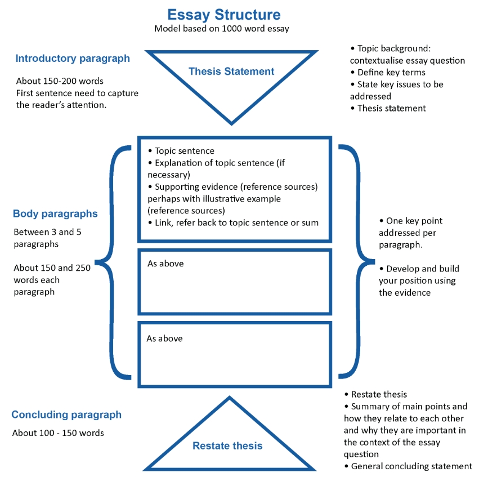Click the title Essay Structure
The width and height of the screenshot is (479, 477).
(224, 15)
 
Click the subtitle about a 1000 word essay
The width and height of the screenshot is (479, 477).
(221, 29)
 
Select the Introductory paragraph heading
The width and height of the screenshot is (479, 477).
(73, 59)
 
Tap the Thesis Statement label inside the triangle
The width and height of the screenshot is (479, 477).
(231, 71)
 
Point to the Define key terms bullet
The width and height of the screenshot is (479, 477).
(388, 73)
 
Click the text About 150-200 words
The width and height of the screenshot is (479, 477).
(60, 81)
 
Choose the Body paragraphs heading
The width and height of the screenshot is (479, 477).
(55, 213)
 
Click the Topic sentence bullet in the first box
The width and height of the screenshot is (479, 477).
(181, 151)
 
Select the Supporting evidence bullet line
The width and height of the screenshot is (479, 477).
(233, 187)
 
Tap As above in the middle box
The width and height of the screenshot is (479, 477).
(165, 264)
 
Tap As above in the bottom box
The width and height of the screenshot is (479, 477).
(165, 338)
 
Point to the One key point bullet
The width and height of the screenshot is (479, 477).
(411, 221)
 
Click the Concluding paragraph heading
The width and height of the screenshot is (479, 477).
(66, 414)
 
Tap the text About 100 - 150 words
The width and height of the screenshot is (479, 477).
(58, 433)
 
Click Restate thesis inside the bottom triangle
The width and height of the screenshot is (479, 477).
(227, 446)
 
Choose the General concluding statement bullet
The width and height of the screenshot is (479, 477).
(408, 466)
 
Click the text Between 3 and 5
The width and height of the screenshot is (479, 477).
(47, 232)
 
